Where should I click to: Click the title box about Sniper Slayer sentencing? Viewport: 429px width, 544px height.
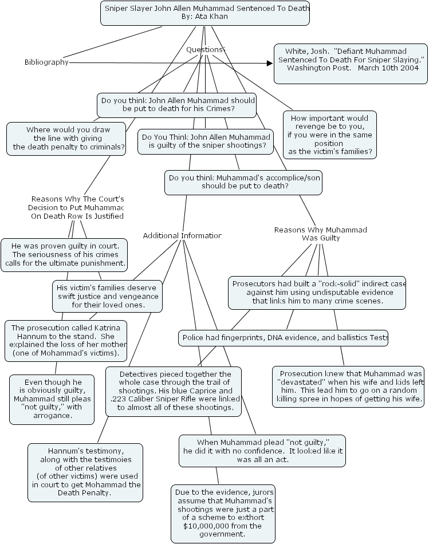pyautogui.click(x=204, y=13)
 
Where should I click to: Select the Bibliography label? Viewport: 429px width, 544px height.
pyautogui.click(x=46, y=62)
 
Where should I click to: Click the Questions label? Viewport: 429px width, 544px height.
pyautogui.click(x=206, y=50)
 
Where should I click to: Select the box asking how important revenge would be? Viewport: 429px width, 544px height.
pyautogui.click(x=329, y=135)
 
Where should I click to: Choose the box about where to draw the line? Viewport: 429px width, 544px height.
pyautogui.click(x=66, y=139)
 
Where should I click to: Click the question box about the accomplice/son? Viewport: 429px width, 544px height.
pyautogui.click(x=243, y=182)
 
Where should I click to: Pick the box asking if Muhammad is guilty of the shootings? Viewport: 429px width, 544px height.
pyautogui.click(x=205, y=141)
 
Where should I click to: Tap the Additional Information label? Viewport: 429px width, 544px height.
pyautogui.click(x=182, y=236)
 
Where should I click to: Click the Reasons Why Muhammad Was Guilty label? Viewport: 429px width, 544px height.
pyautogui.click(x=320, y=234)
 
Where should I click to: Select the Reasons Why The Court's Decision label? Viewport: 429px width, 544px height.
pyautogui.click(x=77, y=208)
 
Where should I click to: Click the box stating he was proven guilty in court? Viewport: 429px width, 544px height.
pyautogui.click(x=64, y=255)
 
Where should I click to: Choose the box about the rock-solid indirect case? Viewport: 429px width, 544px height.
pyautogui.click(x=318, y=292)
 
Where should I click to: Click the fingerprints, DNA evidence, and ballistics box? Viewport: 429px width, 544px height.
pyautogui.click(x=284, y=338)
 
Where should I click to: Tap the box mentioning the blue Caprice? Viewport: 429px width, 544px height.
pyautogui.click(x=174, y=391)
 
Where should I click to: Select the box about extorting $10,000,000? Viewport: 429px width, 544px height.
pyautogui.click(x=223, y=514)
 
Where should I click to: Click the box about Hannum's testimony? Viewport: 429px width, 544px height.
pyautogui.click(x=85, y=472)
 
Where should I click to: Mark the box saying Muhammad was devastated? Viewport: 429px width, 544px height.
pyautogui.click(x=348, y=387)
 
